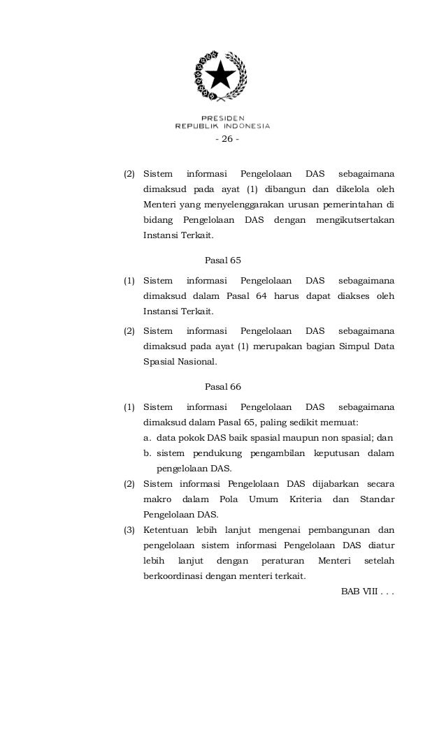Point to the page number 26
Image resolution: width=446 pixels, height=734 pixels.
pos(225,139)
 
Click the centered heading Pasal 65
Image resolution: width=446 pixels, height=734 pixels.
pos(222,260)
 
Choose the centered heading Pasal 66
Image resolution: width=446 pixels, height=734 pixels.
pos(222,386)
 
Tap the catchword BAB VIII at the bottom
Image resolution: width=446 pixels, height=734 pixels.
pos(367,592)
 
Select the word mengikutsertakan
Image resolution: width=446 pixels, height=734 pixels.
pos(355,221)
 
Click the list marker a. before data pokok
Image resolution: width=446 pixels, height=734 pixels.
pos(148,438)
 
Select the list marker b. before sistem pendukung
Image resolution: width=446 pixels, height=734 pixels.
pos(148,453)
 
